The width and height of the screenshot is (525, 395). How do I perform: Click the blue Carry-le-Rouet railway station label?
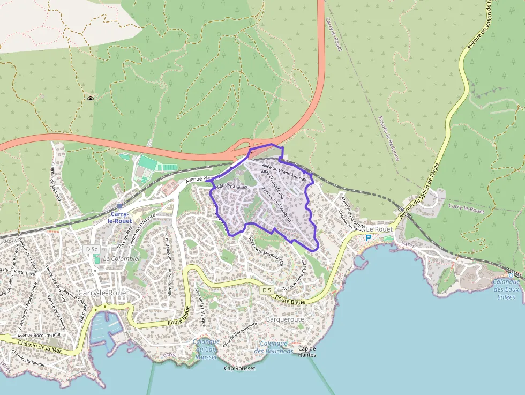point(119,217)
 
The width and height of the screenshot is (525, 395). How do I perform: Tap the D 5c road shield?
point(92,250)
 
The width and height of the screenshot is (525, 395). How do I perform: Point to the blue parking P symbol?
point(368,237)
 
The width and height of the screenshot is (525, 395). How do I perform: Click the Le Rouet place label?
point(380,229)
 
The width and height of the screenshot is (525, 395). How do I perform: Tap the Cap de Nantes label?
point(307,352)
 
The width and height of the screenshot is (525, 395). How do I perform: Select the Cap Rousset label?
point(239,368)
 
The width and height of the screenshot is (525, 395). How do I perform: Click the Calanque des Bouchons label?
point(273,347)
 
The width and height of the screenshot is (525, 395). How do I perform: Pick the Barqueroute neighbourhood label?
point(285,319)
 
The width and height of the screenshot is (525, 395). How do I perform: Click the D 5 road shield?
point(267,290)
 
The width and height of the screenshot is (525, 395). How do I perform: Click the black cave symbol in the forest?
point(90,99)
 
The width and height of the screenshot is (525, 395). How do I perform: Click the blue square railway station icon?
point(119,205)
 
